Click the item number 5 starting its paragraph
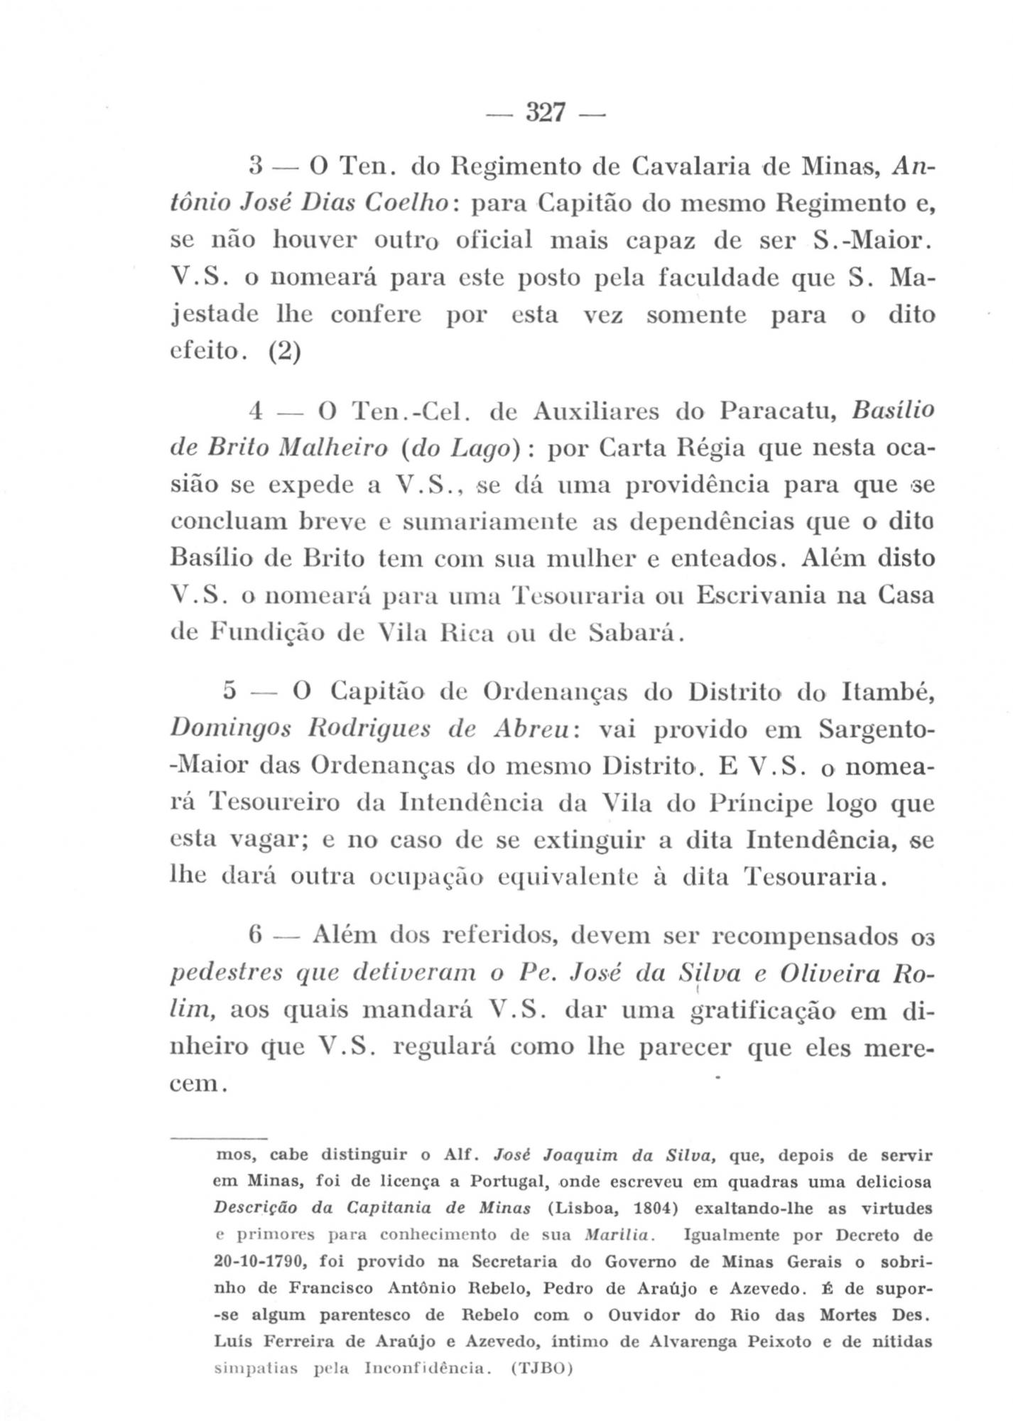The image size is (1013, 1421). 229,691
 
